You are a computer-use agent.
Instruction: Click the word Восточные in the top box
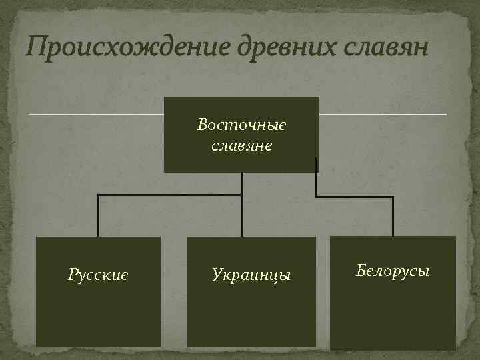click(x=241, y=125)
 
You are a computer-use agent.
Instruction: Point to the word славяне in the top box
click(x=241, y=145)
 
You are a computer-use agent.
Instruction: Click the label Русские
click(x=98, y=274)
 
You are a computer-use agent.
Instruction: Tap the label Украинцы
click(x=251, y=274)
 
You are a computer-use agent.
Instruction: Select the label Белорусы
click(x=393, y=271)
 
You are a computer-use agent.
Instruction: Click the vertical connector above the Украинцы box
click(x=241, y=216)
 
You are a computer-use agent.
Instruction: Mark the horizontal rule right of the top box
click(x=383, y=115)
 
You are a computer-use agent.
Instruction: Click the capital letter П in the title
click(x=35, y=47)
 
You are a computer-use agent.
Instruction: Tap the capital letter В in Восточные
click(x=203, y=125)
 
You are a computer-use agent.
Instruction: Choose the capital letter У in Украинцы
click(x=217, y=274)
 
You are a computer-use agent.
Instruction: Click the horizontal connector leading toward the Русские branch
click(x=170, y=195)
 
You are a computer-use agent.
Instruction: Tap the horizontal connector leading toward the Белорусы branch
click(x=354, y=197)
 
